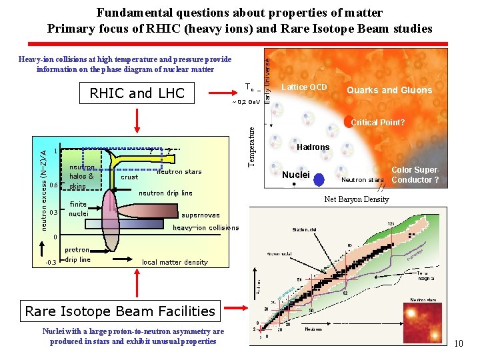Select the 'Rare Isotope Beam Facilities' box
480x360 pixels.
120,311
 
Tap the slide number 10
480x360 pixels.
458,343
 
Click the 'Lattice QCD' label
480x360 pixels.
304,87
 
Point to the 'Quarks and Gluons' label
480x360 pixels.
389,90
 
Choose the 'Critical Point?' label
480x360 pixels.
377,123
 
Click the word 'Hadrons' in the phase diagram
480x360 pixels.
313,147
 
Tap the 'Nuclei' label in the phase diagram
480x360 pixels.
296,175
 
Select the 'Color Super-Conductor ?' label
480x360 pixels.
415,175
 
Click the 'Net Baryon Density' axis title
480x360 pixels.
357,199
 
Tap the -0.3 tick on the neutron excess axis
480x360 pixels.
50,262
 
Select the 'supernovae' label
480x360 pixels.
200,215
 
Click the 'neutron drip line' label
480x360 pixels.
165,193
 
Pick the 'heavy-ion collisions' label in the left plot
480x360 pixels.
205,228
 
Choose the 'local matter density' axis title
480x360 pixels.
175,262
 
